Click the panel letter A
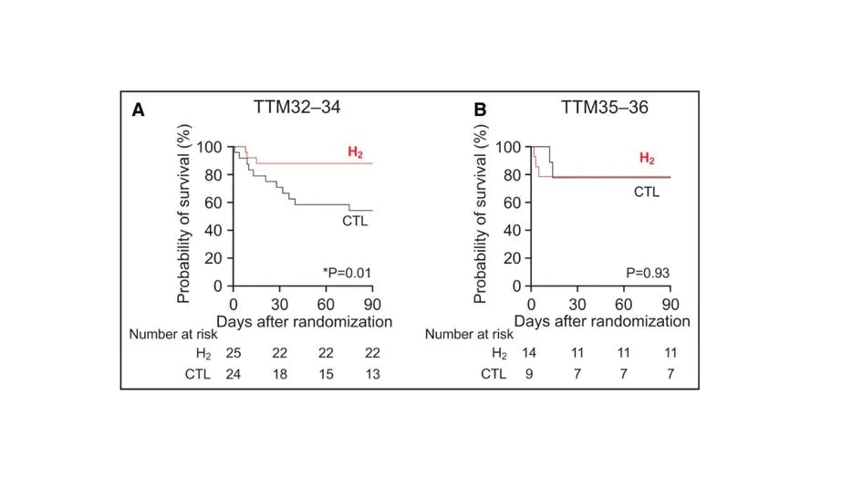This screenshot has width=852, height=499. tap(139, 110)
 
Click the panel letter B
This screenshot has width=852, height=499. tap(480, 110)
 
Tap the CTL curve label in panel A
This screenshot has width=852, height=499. tap(356, 221)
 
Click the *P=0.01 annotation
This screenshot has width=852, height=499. tap(347, 272)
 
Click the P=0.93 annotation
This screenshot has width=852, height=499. tap(645, 272)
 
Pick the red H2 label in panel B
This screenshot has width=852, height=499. tap(647, 158)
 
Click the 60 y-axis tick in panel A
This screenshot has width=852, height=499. tap(212, 203)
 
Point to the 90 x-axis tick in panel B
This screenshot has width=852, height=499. tap(670, 304)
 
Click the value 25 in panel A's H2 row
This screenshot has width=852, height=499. tap(234, 353)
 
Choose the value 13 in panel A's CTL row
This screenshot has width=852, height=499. tap(371, 373)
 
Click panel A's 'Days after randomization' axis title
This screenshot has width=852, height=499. tap(304, 321)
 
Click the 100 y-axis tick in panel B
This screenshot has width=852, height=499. tap(507, 147)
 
